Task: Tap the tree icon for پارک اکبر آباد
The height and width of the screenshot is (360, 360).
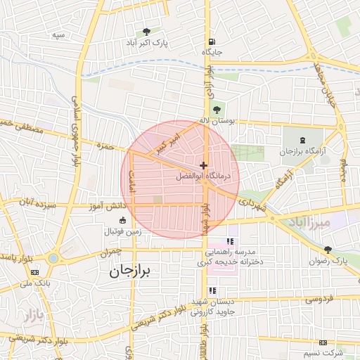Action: tap(146, 32)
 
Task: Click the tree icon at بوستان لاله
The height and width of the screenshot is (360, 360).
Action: tap(216, 109)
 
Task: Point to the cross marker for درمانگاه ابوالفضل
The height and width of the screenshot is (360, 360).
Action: tap(204, 165)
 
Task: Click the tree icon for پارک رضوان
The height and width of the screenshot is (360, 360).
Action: tap(328, 250)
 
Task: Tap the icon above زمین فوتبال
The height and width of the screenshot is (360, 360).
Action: tap(123, 221)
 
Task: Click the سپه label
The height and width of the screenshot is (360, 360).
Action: tap(59, 34)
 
